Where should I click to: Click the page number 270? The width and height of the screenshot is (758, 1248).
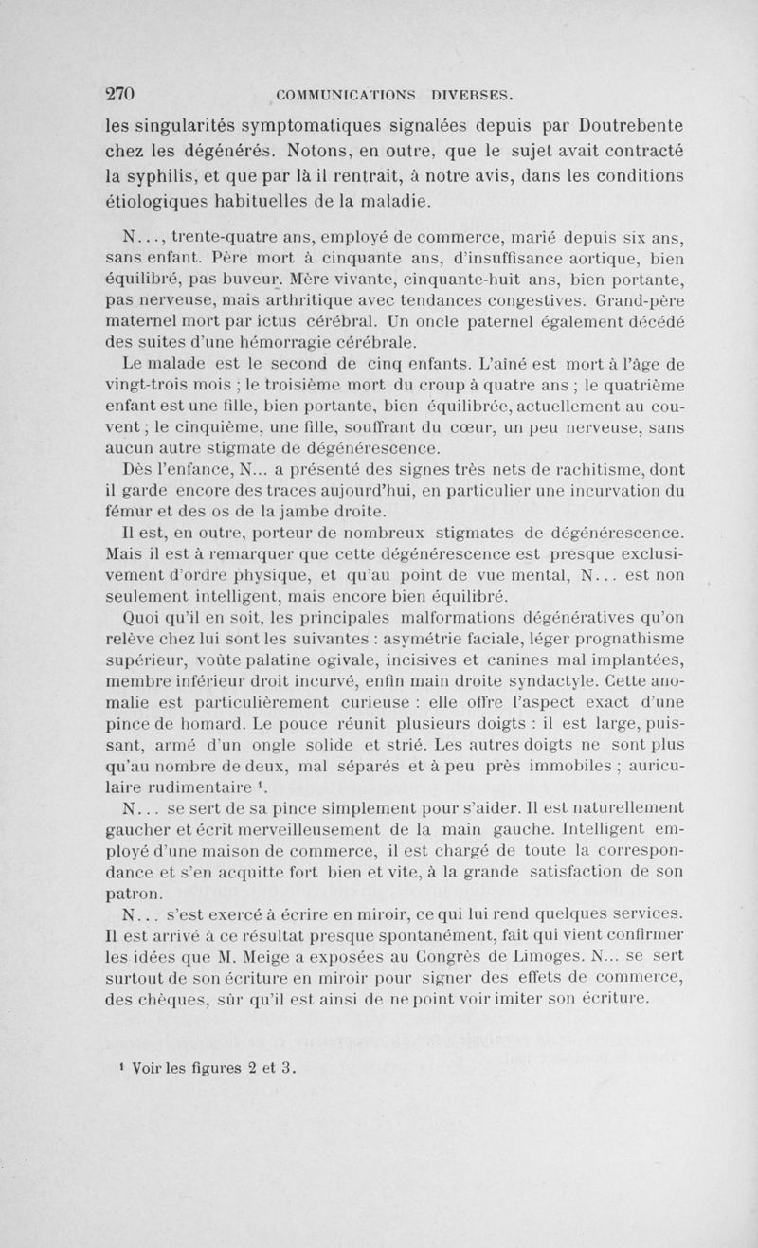[x=120, y=94]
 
